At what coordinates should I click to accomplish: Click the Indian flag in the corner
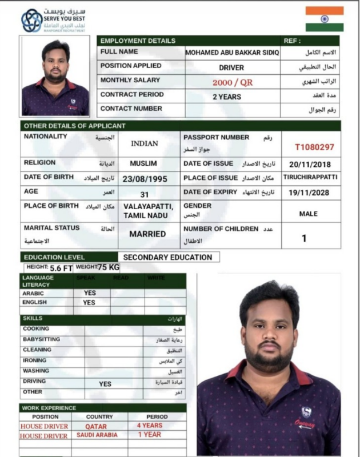click(324, 19)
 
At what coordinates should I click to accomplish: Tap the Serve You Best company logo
click(31, 21)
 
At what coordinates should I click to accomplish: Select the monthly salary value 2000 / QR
click(232, 82)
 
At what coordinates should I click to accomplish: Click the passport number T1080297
click(314, 147)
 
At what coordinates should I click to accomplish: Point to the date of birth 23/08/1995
click(145, 179)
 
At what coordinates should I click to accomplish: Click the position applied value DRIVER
click(231, 67)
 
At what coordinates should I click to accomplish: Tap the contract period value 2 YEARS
click(227, 97)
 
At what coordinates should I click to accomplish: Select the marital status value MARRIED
click(147, 234)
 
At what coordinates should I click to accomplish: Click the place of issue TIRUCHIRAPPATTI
click(310, 177)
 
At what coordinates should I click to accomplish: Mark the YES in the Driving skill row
click(105, 384)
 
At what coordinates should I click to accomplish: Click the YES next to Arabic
click(89, 292)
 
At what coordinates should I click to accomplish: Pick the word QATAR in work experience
click(96, 426)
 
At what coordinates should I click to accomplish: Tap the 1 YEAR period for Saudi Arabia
click(149, 435)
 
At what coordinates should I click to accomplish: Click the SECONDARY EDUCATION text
click(167, 257)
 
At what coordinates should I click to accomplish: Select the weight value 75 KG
click(109, 267)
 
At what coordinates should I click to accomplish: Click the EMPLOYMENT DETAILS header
click(138, 41)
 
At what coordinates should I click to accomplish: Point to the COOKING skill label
click(36, 329)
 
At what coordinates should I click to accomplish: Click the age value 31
click(144, 194)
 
